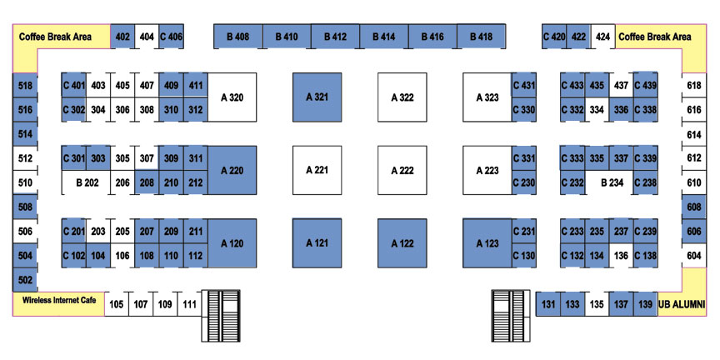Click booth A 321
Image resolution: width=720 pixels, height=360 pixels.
coord(317,97)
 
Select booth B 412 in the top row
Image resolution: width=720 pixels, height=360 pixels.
coord(335,37)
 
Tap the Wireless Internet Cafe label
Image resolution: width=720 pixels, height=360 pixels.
coord(59,300)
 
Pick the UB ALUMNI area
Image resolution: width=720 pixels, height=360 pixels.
coord(682,304)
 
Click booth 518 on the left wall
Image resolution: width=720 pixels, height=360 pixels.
coord(25,85)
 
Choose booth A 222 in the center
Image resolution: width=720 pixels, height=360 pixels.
coord(402,170)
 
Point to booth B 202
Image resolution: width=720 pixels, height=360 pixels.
coord(87,182)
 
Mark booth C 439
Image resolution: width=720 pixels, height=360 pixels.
coord(645,85)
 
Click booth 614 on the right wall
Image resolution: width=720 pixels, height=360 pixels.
coord(694,134)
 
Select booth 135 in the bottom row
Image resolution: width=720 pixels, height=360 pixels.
coord(597,304)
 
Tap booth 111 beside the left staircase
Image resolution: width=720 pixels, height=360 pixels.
coord(189,304)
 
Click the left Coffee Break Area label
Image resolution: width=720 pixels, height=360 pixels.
coord(55,37)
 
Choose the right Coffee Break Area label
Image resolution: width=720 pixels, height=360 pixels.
coord(655,37)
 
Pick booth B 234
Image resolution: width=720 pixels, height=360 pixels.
coord(612,182)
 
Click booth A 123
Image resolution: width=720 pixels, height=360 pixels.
coord(487,243)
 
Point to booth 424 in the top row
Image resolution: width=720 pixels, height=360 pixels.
coord(602,37)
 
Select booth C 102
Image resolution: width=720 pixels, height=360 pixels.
coord(74,256)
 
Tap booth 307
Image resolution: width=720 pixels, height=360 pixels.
coord(147,158)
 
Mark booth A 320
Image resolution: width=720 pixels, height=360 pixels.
coord(232,97)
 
